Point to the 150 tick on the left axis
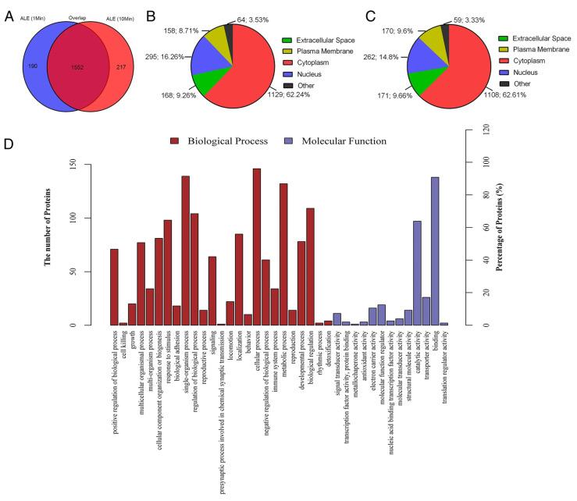coord(94,164)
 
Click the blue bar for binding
coord(434,251)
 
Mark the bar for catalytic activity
coord(417,273)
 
